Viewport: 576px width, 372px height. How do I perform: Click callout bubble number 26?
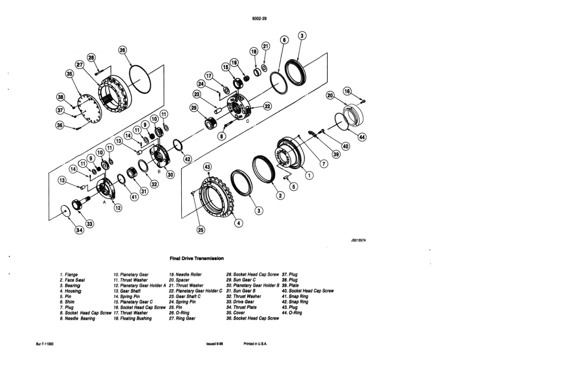click(123, 50)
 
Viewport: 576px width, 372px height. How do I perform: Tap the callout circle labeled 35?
click(70, 74)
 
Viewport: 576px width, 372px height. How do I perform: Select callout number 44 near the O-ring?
click(361, 137)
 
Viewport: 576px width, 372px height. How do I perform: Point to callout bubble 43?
click(208, 167)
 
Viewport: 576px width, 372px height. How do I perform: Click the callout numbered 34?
click(79, 230)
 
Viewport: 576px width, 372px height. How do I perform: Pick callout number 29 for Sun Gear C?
click(194, 108)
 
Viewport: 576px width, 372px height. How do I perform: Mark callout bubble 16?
click(347, 92)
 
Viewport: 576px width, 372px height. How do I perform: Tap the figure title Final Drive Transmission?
click(196, 258)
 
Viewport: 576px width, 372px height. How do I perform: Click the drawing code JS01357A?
click(358, 240)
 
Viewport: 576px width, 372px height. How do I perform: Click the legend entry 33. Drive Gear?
click(240, 302)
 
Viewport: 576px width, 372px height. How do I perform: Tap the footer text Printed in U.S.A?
click(255, 344)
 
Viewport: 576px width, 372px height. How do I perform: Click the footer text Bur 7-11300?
click(45, 344)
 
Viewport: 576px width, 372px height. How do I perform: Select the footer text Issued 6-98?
click(214, 344)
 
